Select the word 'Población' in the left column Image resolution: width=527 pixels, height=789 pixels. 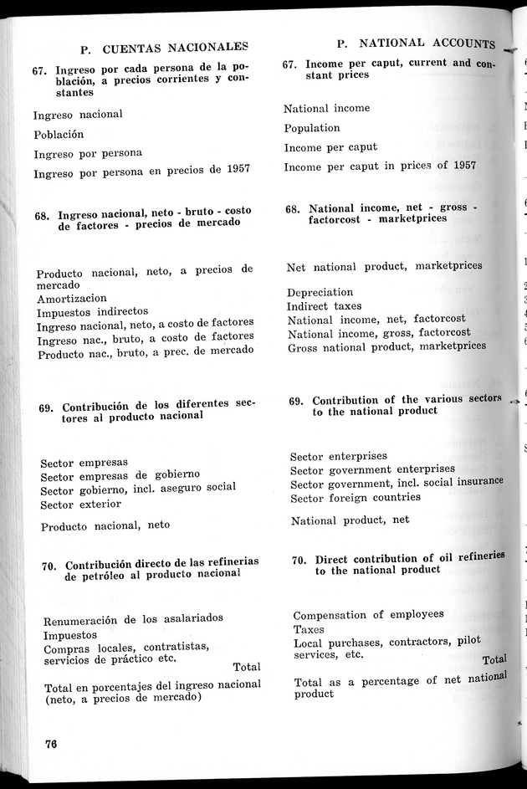(59, 134)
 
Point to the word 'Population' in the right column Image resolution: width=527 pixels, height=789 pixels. (311, 128)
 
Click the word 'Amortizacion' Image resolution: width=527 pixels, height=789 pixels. (71, 298)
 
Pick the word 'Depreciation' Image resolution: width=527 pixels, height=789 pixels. (320, 293)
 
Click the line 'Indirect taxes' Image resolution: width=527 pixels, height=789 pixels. (325, 306)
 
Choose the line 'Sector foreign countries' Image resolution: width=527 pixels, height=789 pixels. (355, 497)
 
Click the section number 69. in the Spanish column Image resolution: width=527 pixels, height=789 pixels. (48, 408)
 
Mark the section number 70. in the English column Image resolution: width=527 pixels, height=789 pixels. (301, 560)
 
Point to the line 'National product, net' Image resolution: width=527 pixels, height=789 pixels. (350, 520)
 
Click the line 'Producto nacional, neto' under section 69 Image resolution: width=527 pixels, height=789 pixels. (105, 525)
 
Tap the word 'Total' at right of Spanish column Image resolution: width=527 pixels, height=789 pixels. (246, 667)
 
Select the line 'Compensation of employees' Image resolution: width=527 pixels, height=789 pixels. (368, 614)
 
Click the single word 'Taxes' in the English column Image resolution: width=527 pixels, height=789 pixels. (309, 629)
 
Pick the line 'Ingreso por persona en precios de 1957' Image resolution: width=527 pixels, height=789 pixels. (141, 172)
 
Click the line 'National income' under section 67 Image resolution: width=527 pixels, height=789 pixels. (326, 108)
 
